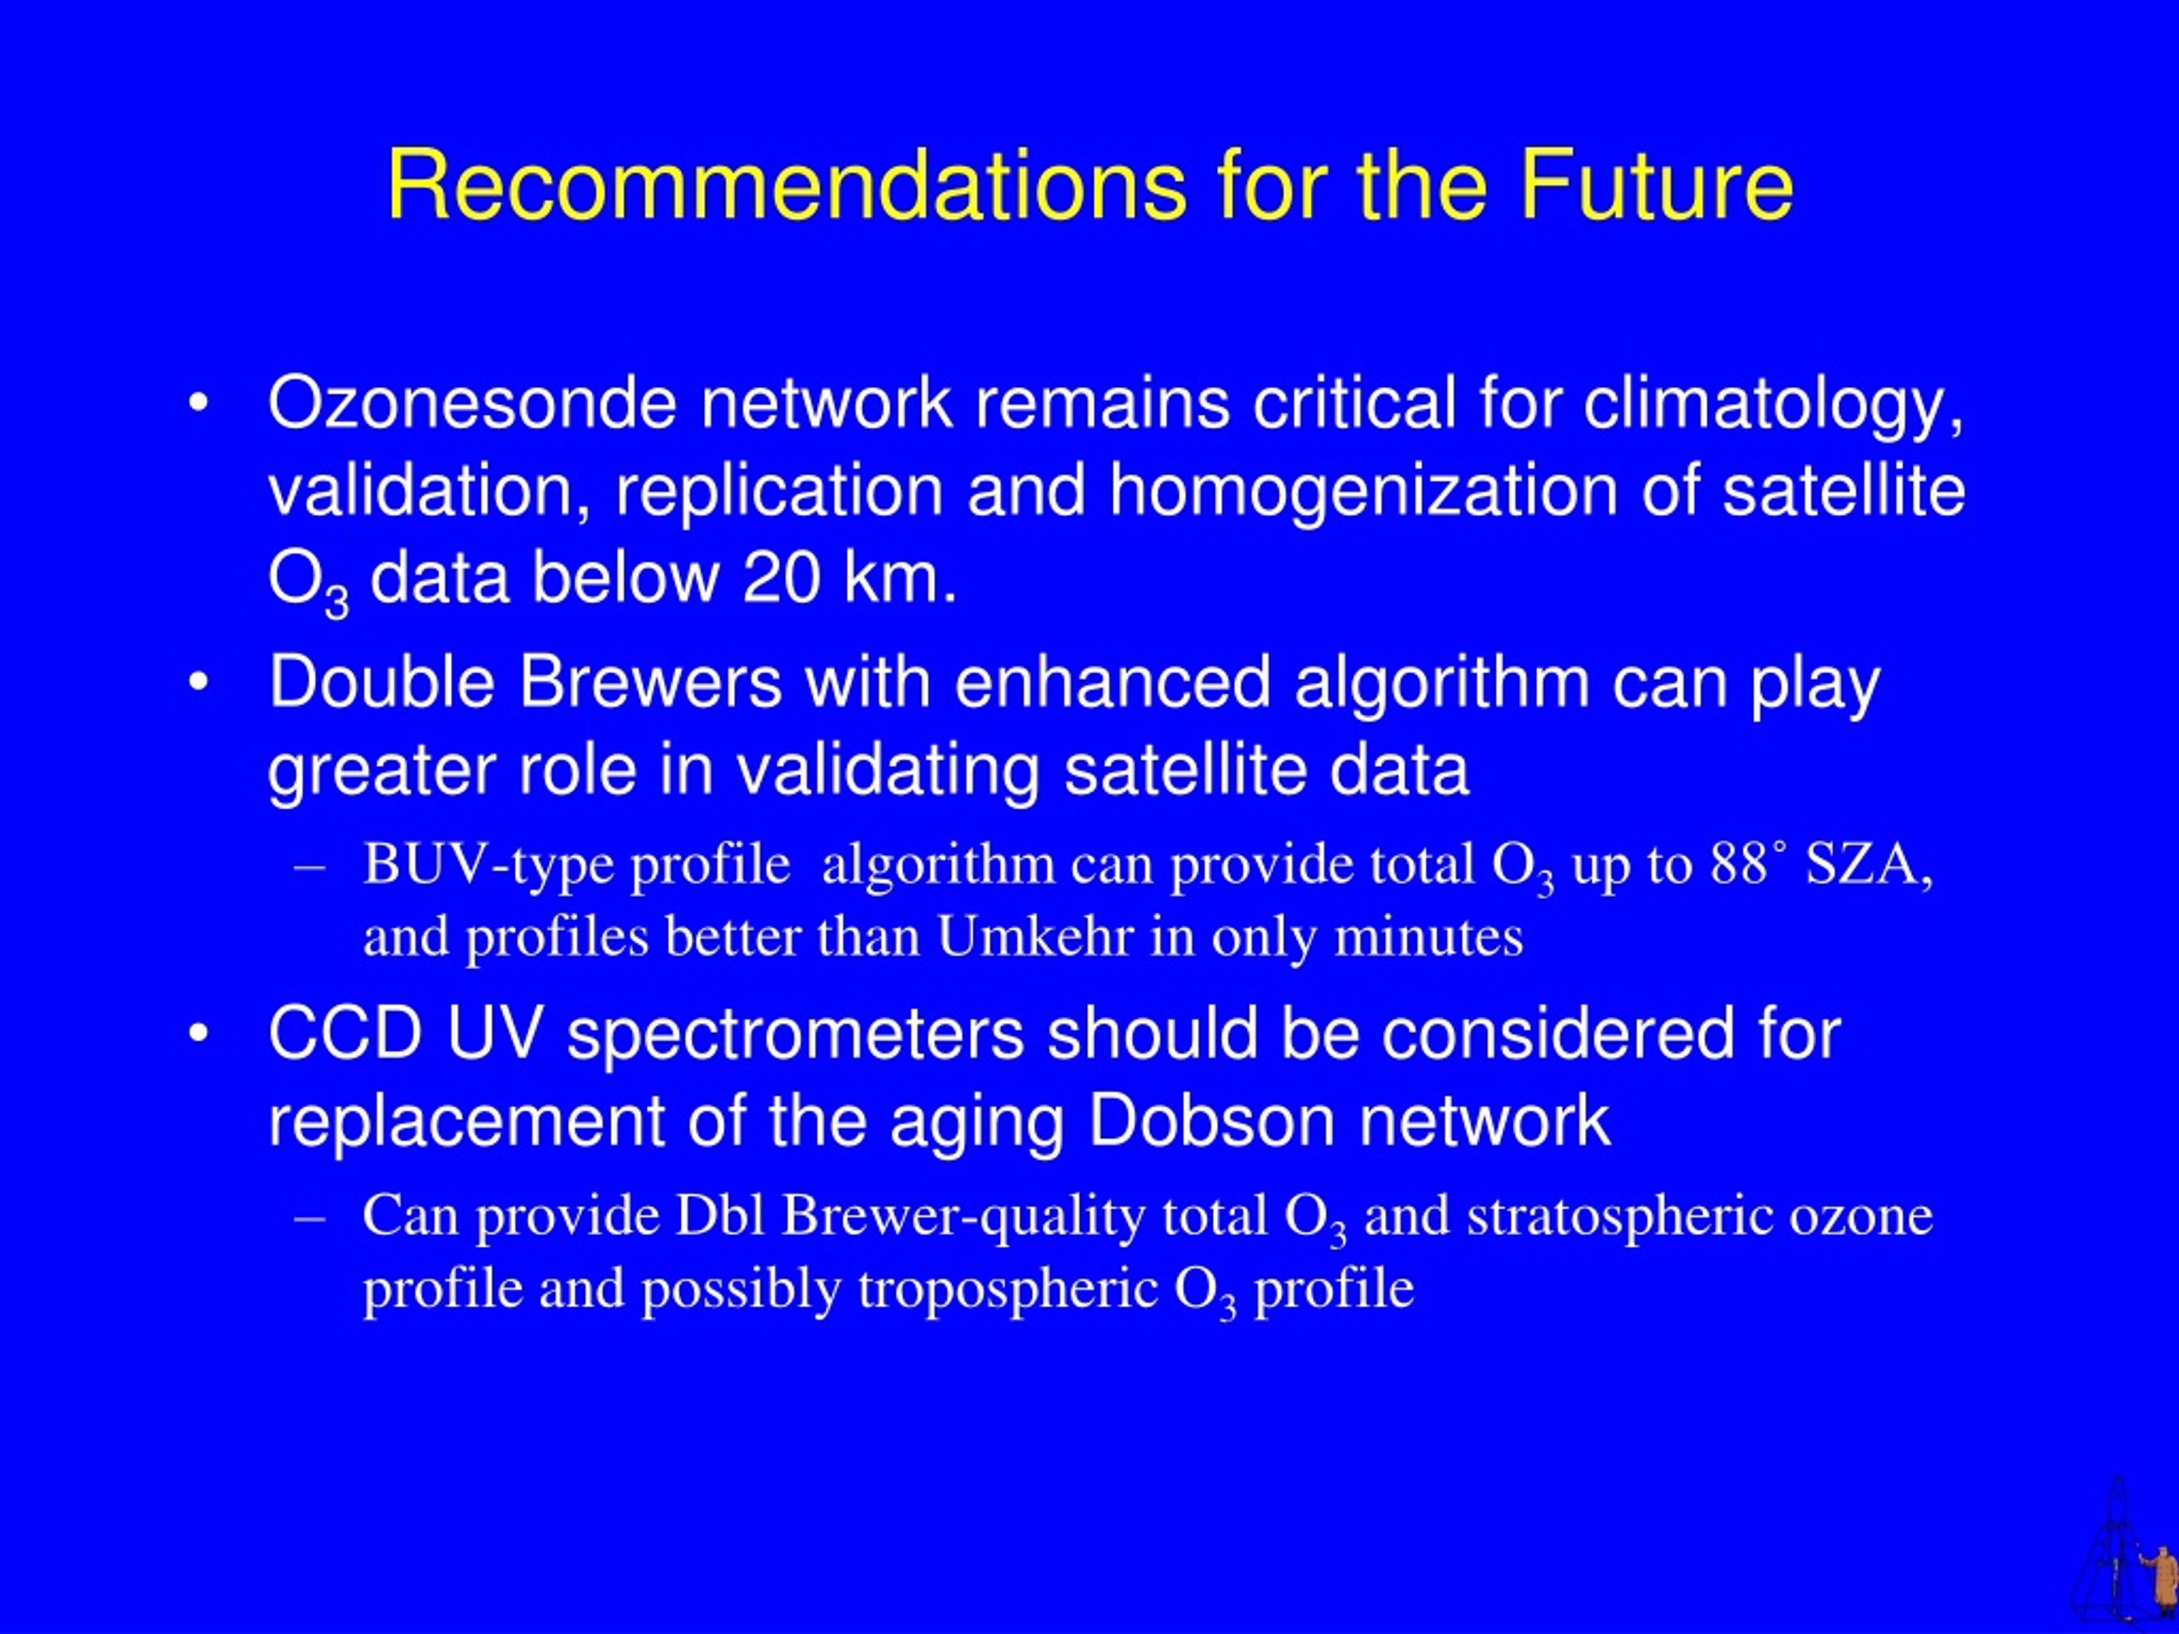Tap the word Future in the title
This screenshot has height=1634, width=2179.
1656,186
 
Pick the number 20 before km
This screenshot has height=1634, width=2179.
781,577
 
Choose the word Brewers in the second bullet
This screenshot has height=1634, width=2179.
650,682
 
